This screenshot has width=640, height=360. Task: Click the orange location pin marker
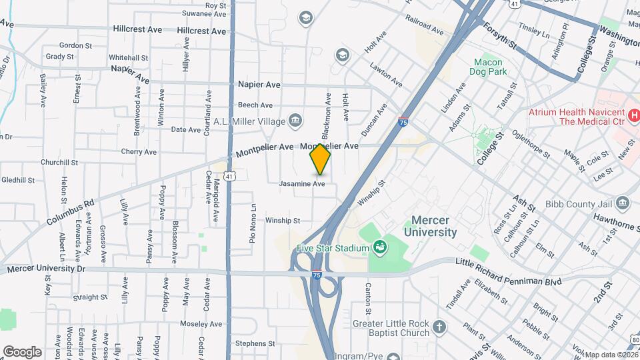tap(321, 159)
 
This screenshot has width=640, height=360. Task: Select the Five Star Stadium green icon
tap(379, 249)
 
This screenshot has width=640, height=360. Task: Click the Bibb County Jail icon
tap(623, 202)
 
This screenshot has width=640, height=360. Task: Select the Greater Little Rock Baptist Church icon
tap(438, 327)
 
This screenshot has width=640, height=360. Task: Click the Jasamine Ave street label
tap(302, 183)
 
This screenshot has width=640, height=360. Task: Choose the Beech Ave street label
tap(255, 105)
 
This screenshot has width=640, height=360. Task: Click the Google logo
tap(22, 351)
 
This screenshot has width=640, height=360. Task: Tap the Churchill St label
tap(59, 162)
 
